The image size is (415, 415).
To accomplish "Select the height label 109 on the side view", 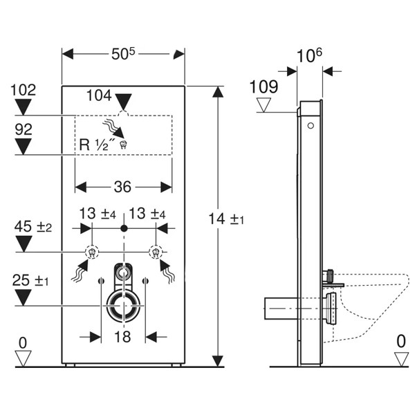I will tap(264, 87).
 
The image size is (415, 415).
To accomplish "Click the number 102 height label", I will tap(24, 90).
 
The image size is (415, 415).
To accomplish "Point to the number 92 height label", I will tap(24, 129).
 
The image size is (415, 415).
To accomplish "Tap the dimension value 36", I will tap(124, 187).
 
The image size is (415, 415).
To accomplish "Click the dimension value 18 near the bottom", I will tap(122, 336).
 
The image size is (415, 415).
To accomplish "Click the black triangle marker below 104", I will tap(123, 100).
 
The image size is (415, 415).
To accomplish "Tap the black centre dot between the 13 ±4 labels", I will tap(123, 228).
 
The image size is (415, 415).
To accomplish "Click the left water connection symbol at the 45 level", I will tap(90, 251).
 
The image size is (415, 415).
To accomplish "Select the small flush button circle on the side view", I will tap(311, 127).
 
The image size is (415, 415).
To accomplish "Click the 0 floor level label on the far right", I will tap(401, 341).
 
